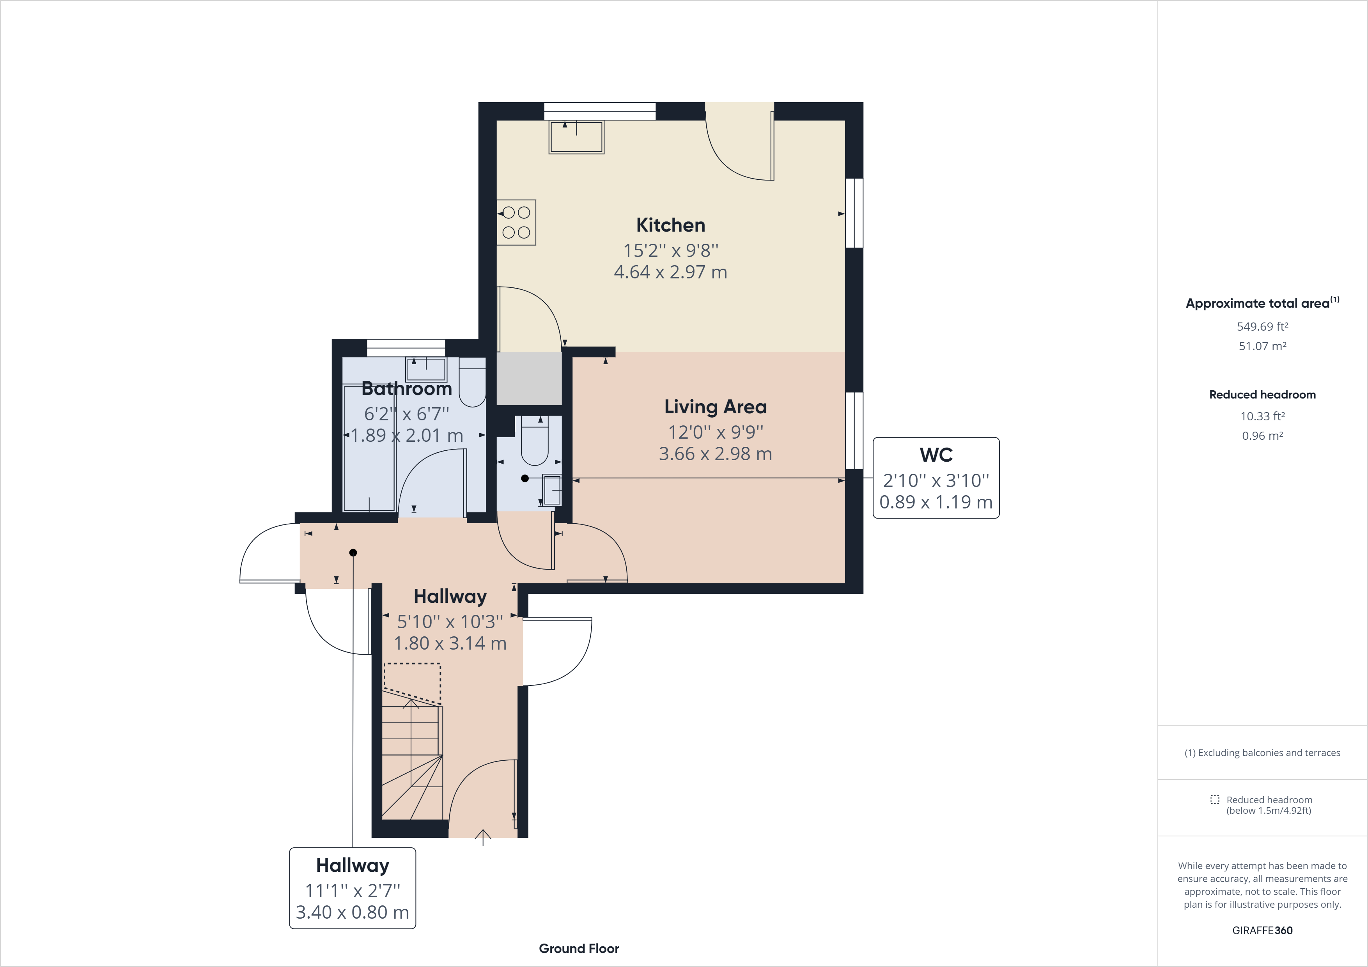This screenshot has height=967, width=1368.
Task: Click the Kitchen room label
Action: [x=670, y=225]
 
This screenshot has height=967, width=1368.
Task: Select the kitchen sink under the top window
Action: [x=576, y=137]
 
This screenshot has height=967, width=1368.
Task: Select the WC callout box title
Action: [x=936, y=455]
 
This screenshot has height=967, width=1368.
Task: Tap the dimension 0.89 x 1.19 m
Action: [x=936, y=502]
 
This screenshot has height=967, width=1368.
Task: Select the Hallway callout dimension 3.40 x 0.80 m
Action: [x=352, y=912]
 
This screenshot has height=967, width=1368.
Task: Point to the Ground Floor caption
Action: [x=579, y=949]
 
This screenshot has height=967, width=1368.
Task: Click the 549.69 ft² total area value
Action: [x=1262, y=326]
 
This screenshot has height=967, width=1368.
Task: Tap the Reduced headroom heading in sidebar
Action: [x=1262, y=395]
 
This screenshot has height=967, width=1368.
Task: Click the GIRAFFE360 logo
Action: [x=1262, y=930]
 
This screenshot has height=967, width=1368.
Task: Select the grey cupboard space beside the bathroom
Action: [x=529, y=378]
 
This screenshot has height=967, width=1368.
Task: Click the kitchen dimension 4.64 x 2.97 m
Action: [x=670, y=272]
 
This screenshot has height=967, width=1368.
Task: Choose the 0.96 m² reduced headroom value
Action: [x=1262, y=436]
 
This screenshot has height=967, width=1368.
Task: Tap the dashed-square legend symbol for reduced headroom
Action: [x=1214, y=800]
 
